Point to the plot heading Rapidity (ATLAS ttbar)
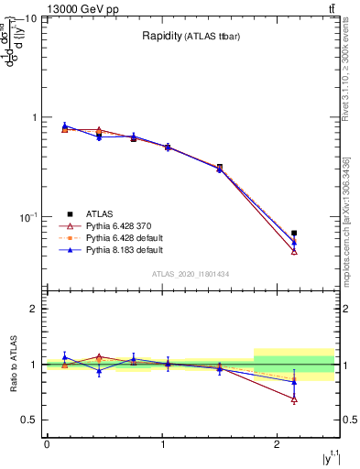click(x=191, y=36)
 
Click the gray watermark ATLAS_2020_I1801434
click(x=191, y=274)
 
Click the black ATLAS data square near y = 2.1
click(x=294, y=234)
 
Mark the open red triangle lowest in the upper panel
click(x=294, y=251)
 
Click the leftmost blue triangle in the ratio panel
click(x=64, y=357)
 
